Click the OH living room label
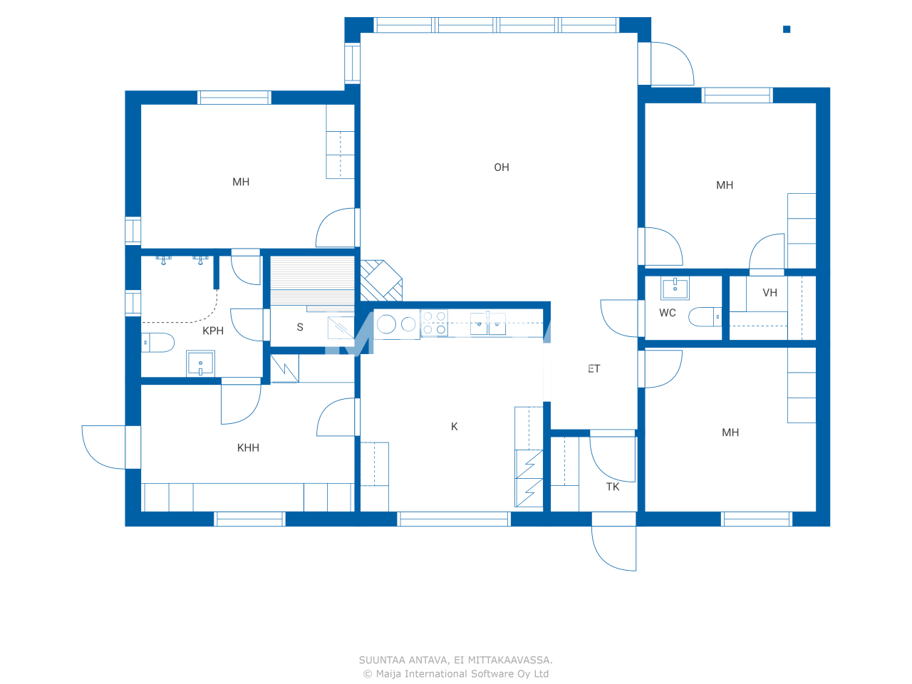pyautogui.click(x=502, y=167)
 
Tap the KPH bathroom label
pyautogui.click(x=213, y=331)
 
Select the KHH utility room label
pyautogui.click(x=248, y=447)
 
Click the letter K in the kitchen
pyautogui.click(x=455, y=427)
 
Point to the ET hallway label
pyautogui.click(x=594, y=368)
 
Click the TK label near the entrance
pyautogui.click(x=613, y=487)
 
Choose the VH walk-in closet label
pyautogui.click(x=769, y=293)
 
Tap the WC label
pyautogui.click(x=668, y=313)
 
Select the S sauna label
pyautogui.click(x=300, y=327)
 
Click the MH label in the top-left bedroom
pyautogui.click(x=241, y=182)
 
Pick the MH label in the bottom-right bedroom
pyautogui.click(x=730, y=432)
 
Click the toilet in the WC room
pyautogui.click(x=705, y=316)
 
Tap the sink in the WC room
pyautogui.click(x=675, y=289)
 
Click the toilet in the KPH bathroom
pyautogui.click(x=157, y=343)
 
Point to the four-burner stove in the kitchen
pyautogui.click(x=434, y=323)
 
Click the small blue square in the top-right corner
pyautogui.click(x=787, y=29)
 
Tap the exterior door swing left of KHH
pyautogui.click(x=104, y=447)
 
